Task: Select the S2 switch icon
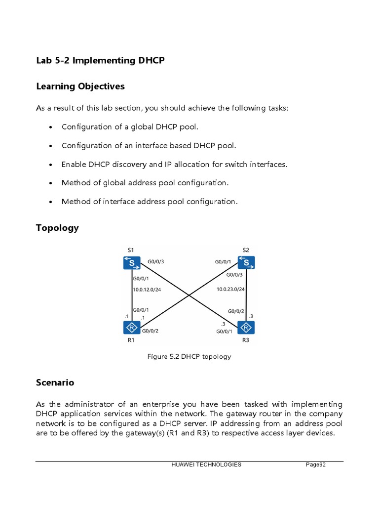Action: pos(246,262)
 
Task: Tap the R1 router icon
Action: pos(132,328)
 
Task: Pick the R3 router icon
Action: pos(246,328)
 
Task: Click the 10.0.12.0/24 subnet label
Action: pos(147,290)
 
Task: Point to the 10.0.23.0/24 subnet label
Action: pos(230,290)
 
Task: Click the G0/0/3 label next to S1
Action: pos(156,261)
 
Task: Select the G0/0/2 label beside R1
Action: pos(150,331)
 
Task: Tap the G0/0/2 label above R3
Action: pos(236,311)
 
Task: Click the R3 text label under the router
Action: pos(246,340)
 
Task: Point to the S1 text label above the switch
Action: pos(130,250)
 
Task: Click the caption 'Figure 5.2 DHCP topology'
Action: pos(189,356)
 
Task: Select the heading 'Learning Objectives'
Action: pos(80,86)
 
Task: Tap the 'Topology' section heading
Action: pos(57,228)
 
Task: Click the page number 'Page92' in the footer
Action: pos(316,464)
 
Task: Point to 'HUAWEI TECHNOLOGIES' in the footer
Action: pos(206,464)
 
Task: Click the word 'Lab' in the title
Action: pos(43,61)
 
